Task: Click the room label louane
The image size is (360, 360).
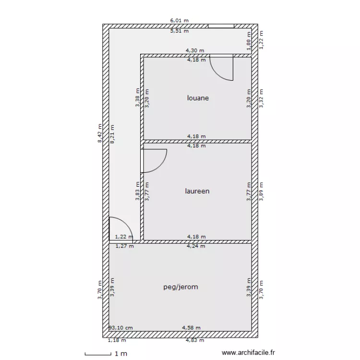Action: [x=198, y=98]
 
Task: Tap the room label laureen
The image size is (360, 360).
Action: [x=197, y=191]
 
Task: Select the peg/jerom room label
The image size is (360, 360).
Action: [x=180, y=287]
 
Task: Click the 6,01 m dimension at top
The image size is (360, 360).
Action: [x=180, y=21]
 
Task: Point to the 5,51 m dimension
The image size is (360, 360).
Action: [x=180, y=31]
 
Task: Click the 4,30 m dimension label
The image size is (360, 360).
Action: [x=195, y=50]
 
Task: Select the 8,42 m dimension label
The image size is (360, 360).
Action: [x=100, y=133]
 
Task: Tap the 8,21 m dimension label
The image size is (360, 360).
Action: [x=112, y=134]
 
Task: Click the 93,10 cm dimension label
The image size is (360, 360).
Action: [x=121, y=328]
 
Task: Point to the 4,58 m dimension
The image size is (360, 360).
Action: [x=191, y=328]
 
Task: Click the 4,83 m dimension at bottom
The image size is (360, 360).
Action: [x=195, y=340]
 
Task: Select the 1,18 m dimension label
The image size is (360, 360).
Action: [x=117, y=340]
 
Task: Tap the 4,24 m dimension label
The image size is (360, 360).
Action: [x=196, y=246]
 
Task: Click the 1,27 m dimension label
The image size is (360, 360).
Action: [x=124, y=246]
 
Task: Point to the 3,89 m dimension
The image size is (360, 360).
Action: [x=261, y=192]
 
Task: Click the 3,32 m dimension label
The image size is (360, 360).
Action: [x=261, y=98]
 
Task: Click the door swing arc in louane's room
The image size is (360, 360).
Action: [x=217, y=74]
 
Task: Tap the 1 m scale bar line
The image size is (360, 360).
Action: [x=98, y=355]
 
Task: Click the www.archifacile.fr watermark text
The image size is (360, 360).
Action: [x=248, y=353]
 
